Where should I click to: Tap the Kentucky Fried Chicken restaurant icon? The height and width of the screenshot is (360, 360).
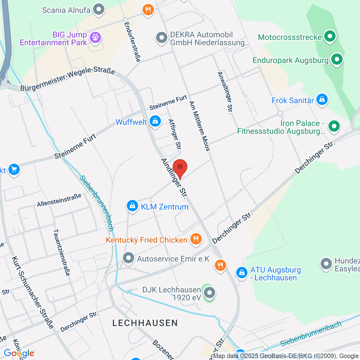tap(196, 239)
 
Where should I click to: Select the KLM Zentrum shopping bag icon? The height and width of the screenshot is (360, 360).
tap(132, 206)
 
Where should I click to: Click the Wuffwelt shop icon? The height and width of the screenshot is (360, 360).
tap(155, 121)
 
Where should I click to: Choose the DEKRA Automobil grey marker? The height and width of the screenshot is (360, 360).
tap(162, 38)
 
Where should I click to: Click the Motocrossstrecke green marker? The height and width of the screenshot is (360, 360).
tap(330, 37)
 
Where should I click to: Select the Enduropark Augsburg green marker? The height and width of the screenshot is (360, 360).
tap(337, 59)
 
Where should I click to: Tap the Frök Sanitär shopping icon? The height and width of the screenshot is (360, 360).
tap(322, 100)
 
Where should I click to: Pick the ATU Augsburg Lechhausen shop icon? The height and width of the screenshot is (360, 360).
tap(241, 273)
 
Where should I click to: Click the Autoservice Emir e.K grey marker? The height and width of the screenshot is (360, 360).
tap(129, 258)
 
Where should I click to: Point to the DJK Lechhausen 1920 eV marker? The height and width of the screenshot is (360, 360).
tap(209, 292)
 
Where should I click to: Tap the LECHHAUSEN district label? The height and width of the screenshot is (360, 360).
tap(145, 323)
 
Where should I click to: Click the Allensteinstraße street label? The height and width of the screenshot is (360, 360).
tap(59, 200)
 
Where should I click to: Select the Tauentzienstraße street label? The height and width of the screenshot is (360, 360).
tap(61, 252)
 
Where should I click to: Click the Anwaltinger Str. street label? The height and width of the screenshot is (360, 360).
tap(225, 93)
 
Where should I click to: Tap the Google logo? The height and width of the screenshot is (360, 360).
tap(19, 353)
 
